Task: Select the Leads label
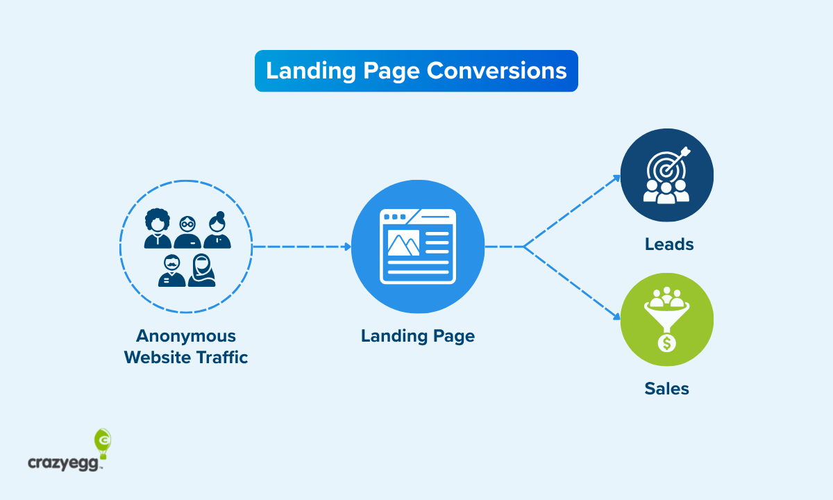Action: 669,244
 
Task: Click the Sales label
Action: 666,388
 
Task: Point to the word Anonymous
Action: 186,336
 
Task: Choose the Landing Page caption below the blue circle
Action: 418,336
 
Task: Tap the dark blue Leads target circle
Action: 666,174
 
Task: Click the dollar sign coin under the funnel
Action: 666,342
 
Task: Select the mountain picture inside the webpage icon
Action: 403,243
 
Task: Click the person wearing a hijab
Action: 201,269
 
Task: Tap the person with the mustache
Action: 172,270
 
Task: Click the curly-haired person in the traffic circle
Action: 158,228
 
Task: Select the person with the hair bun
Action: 218,230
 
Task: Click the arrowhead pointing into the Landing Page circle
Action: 347,247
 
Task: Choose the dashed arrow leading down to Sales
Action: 573,283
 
